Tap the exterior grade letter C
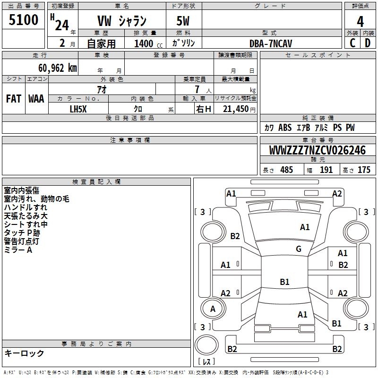click(352, 43)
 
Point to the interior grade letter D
click(368, 43)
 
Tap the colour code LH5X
click(78, 109)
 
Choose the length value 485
click(286, 170)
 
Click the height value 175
click(364, 170)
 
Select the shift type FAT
click(14, 99)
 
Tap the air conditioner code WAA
click(36, 99)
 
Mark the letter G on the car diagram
click(298, 249)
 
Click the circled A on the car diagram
click(213, 309)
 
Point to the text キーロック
click(24, 353)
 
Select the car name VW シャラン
click(122, 21)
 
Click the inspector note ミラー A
click(18, 250)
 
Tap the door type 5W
click(184, 21)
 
